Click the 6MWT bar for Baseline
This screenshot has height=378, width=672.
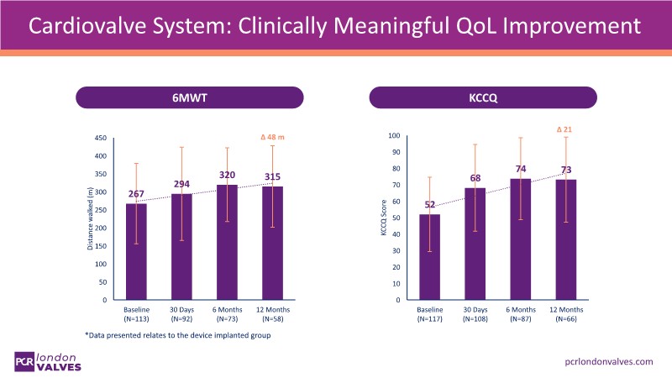pos(136,252)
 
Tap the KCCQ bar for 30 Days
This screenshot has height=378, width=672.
pos(478,244)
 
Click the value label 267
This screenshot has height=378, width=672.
pos(136,195)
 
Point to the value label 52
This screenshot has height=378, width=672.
pos(429,204)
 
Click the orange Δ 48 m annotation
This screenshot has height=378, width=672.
pos(270,137)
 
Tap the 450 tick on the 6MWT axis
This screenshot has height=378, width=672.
pos(100,138)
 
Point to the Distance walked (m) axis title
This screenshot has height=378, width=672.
pos(89,219)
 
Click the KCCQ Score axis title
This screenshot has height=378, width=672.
pos(382,218)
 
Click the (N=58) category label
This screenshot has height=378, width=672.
pos(270,319)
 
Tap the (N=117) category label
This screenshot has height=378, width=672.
pos(429,319)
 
